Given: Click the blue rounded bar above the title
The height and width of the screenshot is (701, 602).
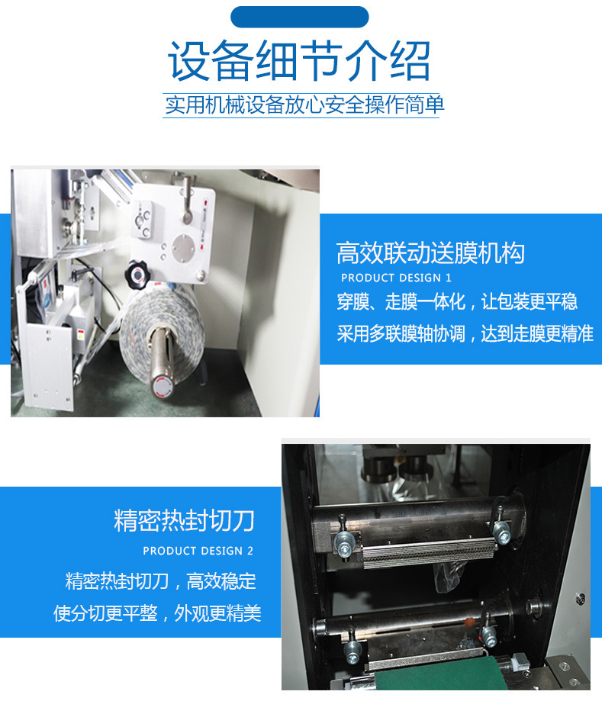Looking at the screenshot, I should (300, 17).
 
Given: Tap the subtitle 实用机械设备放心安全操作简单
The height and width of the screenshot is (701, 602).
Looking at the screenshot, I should (303, 105).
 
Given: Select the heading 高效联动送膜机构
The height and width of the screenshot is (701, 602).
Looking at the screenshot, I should (430, 253).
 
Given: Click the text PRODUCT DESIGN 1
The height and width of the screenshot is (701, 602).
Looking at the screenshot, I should (396, 278).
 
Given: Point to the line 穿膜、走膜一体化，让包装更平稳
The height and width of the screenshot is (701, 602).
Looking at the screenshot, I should (456, 302).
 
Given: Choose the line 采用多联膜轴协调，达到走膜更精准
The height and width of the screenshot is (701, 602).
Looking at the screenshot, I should (465, 334).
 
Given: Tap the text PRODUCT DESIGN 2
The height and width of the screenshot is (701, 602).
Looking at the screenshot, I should (198, 551).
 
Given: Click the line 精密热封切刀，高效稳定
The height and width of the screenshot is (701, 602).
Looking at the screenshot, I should (161, 581).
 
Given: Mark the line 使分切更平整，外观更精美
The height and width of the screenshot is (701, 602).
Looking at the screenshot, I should (157, 613).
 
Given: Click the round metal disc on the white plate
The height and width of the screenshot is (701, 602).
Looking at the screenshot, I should (184, 246).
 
